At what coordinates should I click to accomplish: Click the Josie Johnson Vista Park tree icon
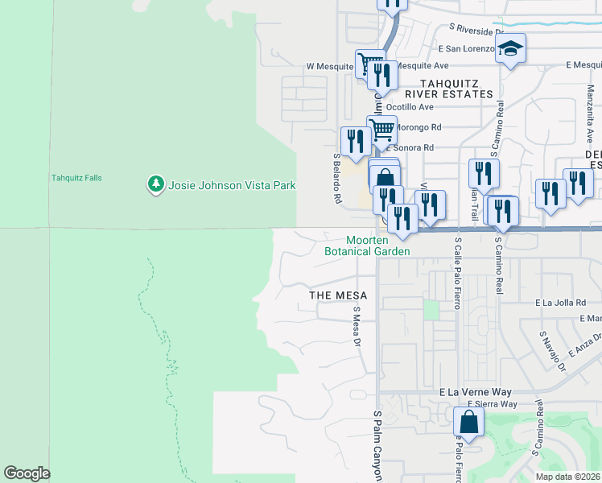[155, 185]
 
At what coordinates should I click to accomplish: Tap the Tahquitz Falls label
[76, 178]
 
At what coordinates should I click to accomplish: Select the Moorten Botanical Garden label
[367, 246]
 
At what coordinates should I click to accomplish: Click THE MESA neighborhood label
[339, 295]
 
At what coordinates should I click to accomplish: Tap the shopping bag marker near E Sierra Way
[468, 422]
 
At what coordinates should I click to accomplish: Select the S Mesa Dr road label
[356, 325]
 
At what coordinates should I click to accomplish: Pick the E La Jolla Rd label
[562, 303]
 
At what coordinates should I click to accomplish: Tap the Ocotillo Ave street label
[410, 106]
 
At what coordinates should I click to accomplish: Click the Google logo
[27, 473]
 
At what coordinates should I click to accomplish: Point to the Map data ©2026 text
[568, 477]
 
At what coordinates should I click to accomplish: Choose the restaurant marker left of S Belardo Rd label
[355, 142]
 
